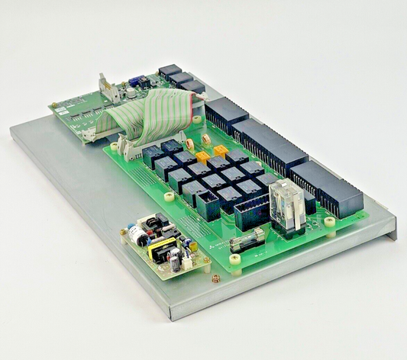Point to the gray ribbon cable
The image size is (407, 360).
coord(145,114)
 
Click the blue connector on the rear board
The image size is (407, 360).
coord(135,81)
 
